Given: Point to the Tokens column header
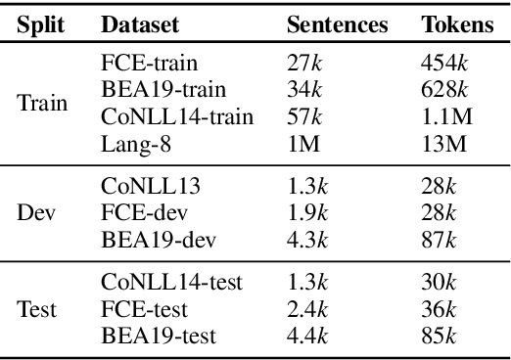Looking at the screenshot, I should pyautogui.click(x=458, y=24).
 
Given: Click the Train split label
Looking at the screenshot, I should pyautogui.click(x=42, y=103).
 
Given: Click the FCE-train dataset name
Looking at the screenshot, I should pyautogui.click(x=149, y=63).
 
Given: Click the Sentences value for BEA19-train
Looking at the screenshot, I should pyautogui.click(x=302, y=90).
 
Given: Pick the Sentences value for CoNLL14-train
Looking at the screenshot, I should pyautogui.click(x=302, y=116).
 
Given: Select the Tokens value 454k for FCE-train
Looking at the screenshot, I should pyautogui.click(x=441, y=63).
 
